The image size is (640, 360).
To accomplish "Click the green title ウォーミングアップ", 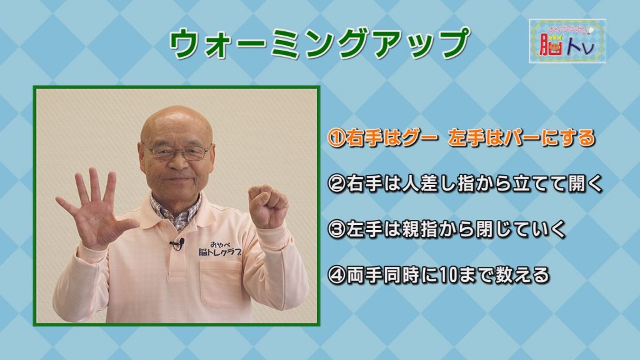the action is coord(319,44).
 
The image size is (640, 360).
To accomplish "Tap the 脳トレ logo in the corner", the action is coord(567,41).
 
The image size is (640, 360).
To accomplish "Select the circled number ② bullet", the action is coord(337,184).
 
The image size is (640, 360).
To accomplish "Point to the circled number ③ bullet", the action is coord(337,229).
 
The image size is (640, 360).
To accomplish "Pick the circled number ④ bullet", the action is coord(337,275).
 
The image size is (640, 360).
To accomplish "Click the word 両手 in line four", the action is coord(364,275).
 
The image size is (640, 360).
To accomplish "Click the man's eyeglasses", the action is coord(177,152).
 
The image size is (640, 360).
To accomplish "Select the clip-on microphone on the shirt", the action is coord(177,244).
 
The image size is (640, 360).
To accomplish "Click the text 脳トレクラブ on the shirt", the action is coord(219,252).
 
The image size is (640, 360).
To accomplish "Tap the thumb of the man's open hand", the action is coord(124,225).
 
